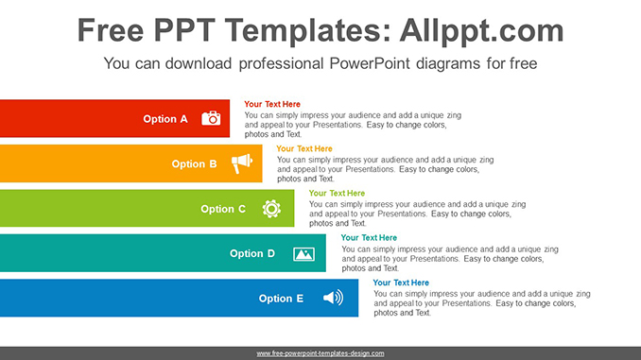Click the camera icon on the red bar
point(211,118)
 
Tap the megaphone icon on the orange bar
point(242,163)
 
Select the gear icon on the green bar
point(271,209)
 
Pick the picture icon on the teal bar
point(303,254)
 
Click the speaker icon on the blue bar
point(333,298)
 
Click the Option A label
point(165,119)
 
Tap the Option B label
point(194,163)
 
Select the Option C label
point(223,209)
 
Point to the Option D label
point(252,253)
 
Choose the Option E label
point(281,299)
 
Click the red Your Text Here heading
point(272,104)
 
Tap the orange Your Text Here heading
point(304,148)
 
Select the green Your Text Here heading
point(337,194)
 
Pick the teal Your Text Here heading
point(369,238)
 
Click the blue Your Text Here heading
point(401,283)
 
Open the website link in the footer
point(320,353)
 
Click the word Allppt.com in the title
point(481,30)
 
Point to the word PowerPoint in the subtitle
point(370,63)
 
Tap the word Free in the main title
point(111,30)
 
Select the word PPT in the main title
point(184,30)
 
